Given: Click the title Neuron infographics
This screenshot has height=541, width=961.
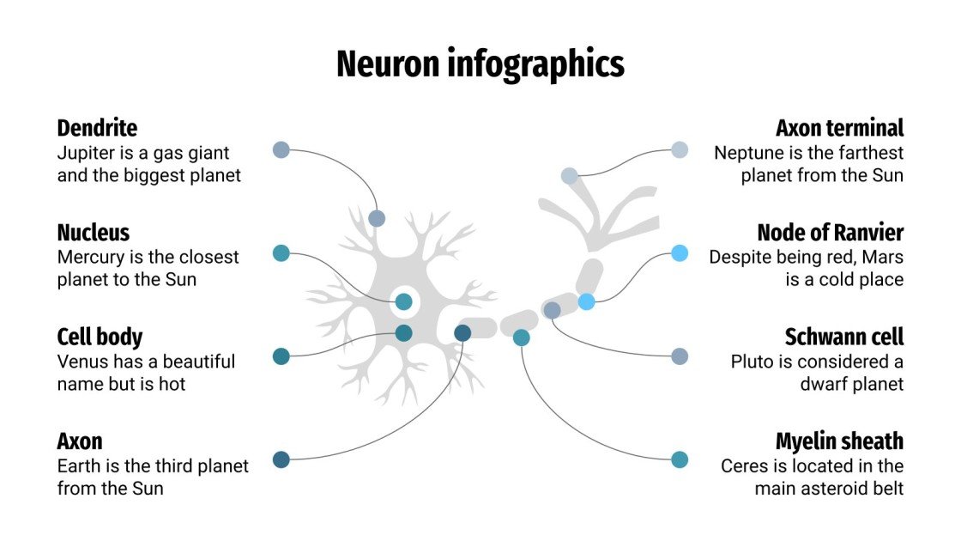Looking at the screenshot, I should (x=480, y=64).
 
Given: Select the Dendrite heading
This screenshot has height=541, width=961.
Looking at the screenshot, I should (x=97, y=129).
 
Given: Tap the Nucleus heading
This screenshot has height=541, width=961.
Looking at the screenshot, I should (x=93, y=233).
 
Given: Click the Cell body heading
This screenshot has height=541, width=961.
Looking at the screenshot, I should (x=100, y=337).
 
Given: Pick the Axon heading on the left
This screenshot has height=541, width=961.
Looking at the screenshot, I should (x=80, y=441).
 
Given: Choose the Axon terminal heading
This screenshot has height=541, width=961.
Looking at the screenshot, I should (x=839, y=129).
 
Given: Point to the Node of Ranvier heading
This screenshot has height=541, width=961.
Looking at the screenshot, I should (x=830, y=233).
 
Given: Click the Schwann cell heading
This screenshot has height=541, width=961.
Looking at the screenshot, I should (x=843, y=337).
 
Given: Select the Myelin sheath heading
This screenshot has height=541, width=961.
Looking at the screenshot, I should (x=839, y=441).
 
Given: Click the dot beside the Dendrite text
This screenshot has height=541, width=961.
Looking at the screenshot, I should (x=281, y=149).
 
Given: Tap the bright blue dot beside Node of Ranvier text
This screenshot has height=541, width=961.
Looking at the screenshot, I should (x=680, y=252).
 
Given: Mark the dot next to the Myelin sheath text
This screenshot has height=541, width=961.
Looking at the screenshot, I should (x=680, y=459).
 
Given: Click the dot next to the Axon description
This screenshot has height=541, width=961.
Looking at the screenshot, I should (x=281, y=459).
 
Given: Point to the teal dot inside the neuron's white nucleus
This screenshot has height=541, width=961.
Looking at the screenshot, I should (x=403, y=301).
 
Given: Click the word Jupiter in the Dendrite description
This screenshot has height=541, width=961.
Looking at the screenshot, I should (x=84, y=153).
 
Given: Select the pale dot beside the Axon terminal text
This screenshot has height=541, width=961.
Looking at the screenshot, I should (x=680, y=149).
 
